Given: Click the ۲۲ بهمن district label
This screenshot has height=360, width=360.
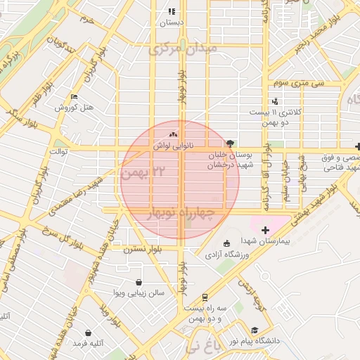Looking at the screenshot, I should tap(148, 171).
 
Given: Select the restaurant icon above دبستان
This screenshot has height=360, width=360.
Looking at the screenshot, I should tap(172, 11).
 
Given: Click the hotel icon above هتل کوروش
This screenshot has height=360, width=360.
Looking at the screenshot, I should tap(75, 96).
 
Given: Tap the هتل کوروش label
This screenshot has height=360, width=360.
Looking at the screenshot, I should tap(75, 108).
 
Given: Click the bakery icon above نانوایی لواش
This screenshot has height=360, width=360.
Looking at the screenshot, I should tap(173, 133).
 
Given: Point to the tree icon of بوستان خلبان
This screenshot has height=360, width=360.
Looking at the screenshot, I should tap(233, 141).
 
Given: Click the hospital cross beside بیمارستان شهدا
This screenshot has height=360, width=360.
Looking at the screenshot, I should tap(264, 230).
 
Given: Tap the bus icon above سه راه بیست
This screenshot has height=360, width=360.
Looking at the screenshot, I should tap(204, 297).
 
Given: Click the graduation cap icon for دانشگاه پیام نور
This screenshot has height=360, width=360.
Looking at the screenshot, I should tap(254, 330).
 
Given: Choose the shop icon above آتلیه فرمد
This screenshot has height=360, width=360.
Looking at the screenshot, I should tap(87, 333).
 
